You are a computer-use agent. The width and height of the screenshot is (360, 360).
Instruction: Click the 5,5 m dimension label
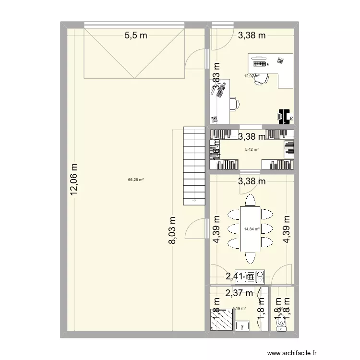pyautogui.click(x=136, y=35)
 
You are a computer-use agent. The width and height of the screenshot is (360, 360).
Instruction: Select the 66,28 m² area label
pyautogui.click(x=136, y=180)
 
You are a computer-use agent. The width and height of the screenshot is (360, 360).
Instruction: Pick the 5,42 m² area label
pyautogui.click(x=252, y=149)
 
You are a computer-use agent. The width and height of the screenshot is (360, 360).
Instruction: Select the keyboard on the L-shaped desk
pyautogui.click(x=259, y=63)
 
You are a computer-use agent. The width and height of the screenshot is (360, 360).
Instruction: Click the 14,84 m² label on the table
pyautogui.click(x=252, y=229)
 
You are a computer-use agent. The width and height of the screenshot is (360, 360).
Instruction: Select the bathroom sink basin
pyautogui.click(x=243, y=326)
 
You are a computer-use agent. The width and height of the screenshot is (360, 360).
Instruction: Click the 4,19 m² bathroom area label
pyautogui.click(x=239, y=309)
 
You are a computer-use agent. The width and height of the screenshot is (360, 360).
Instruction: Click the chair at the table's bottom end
pyautogui.click(x=250, y=258)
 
